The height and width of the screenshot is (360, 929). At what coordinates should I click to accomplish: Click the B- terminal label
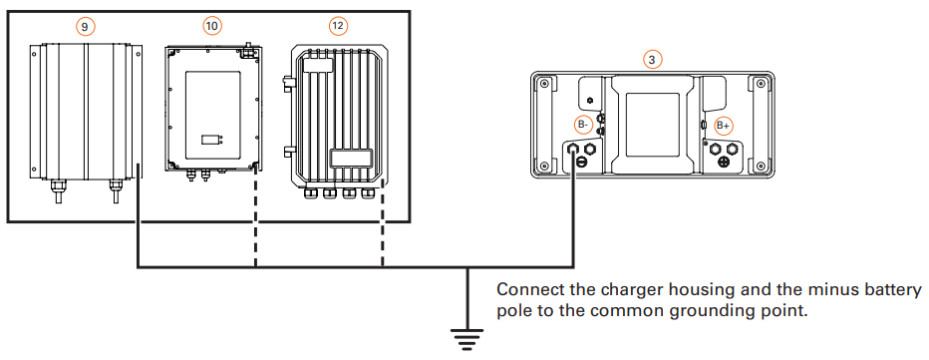click(584, 125)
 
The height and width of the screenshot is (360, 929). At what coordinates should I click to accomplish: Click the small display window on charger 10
click(208, 139)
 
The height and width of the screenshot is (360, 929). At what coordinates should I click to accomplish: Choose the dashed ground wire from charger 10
click(256, 224)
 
